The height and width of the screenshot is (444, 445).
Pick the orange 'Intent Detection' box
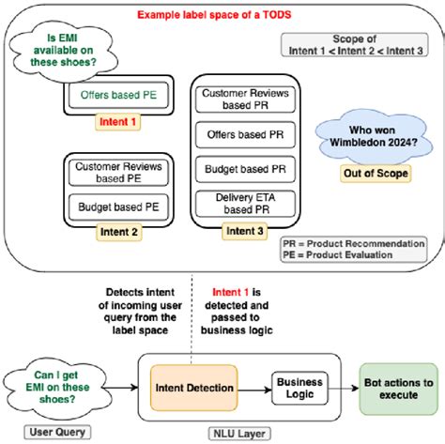coord(194,386)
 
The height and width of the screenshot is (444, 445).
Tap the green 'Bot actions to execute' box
coord(399,386)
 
